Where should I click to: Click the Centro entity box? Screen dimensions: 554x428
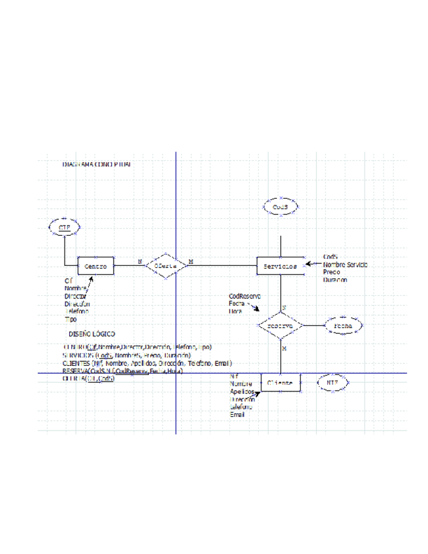click(x=96, y=267)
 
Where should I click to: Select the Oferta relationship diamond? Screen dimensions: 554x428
click(x=161, y=266)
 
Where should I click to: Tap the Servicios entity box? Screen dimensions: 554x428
click(x=280, y=267)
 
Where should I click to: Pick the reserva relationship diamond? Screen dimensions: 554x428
click(x=280, y=325)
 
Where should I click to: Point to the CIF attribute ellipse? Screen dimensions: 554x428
click(x=64, y=227)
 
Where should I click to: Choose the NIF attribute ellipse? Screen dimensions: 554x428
click(x=333, y=383)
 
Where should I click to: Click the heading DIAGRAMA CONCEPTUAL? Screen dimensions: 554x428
click(x=96, y=165)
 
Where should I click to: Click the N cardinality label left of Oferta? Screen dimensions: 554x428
click(x=140, y=262)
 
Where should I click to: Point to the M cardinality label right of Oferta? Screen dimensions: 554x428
click(x=190, y=262)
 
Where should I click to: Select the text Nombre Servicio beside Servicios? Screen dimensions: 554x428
click(x=346, y=265)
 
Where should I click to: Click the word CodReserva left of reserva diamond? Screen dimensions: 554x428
click(x=244, y=296)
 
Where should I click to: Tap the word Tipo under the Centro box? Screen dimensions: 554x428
click(x=70, y=319)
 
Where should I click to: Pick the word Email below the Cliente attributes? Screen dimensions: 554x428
click(x=237, y=414)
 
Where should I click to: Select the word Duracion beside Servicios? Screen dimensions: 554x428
click(x=335, y=280)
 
